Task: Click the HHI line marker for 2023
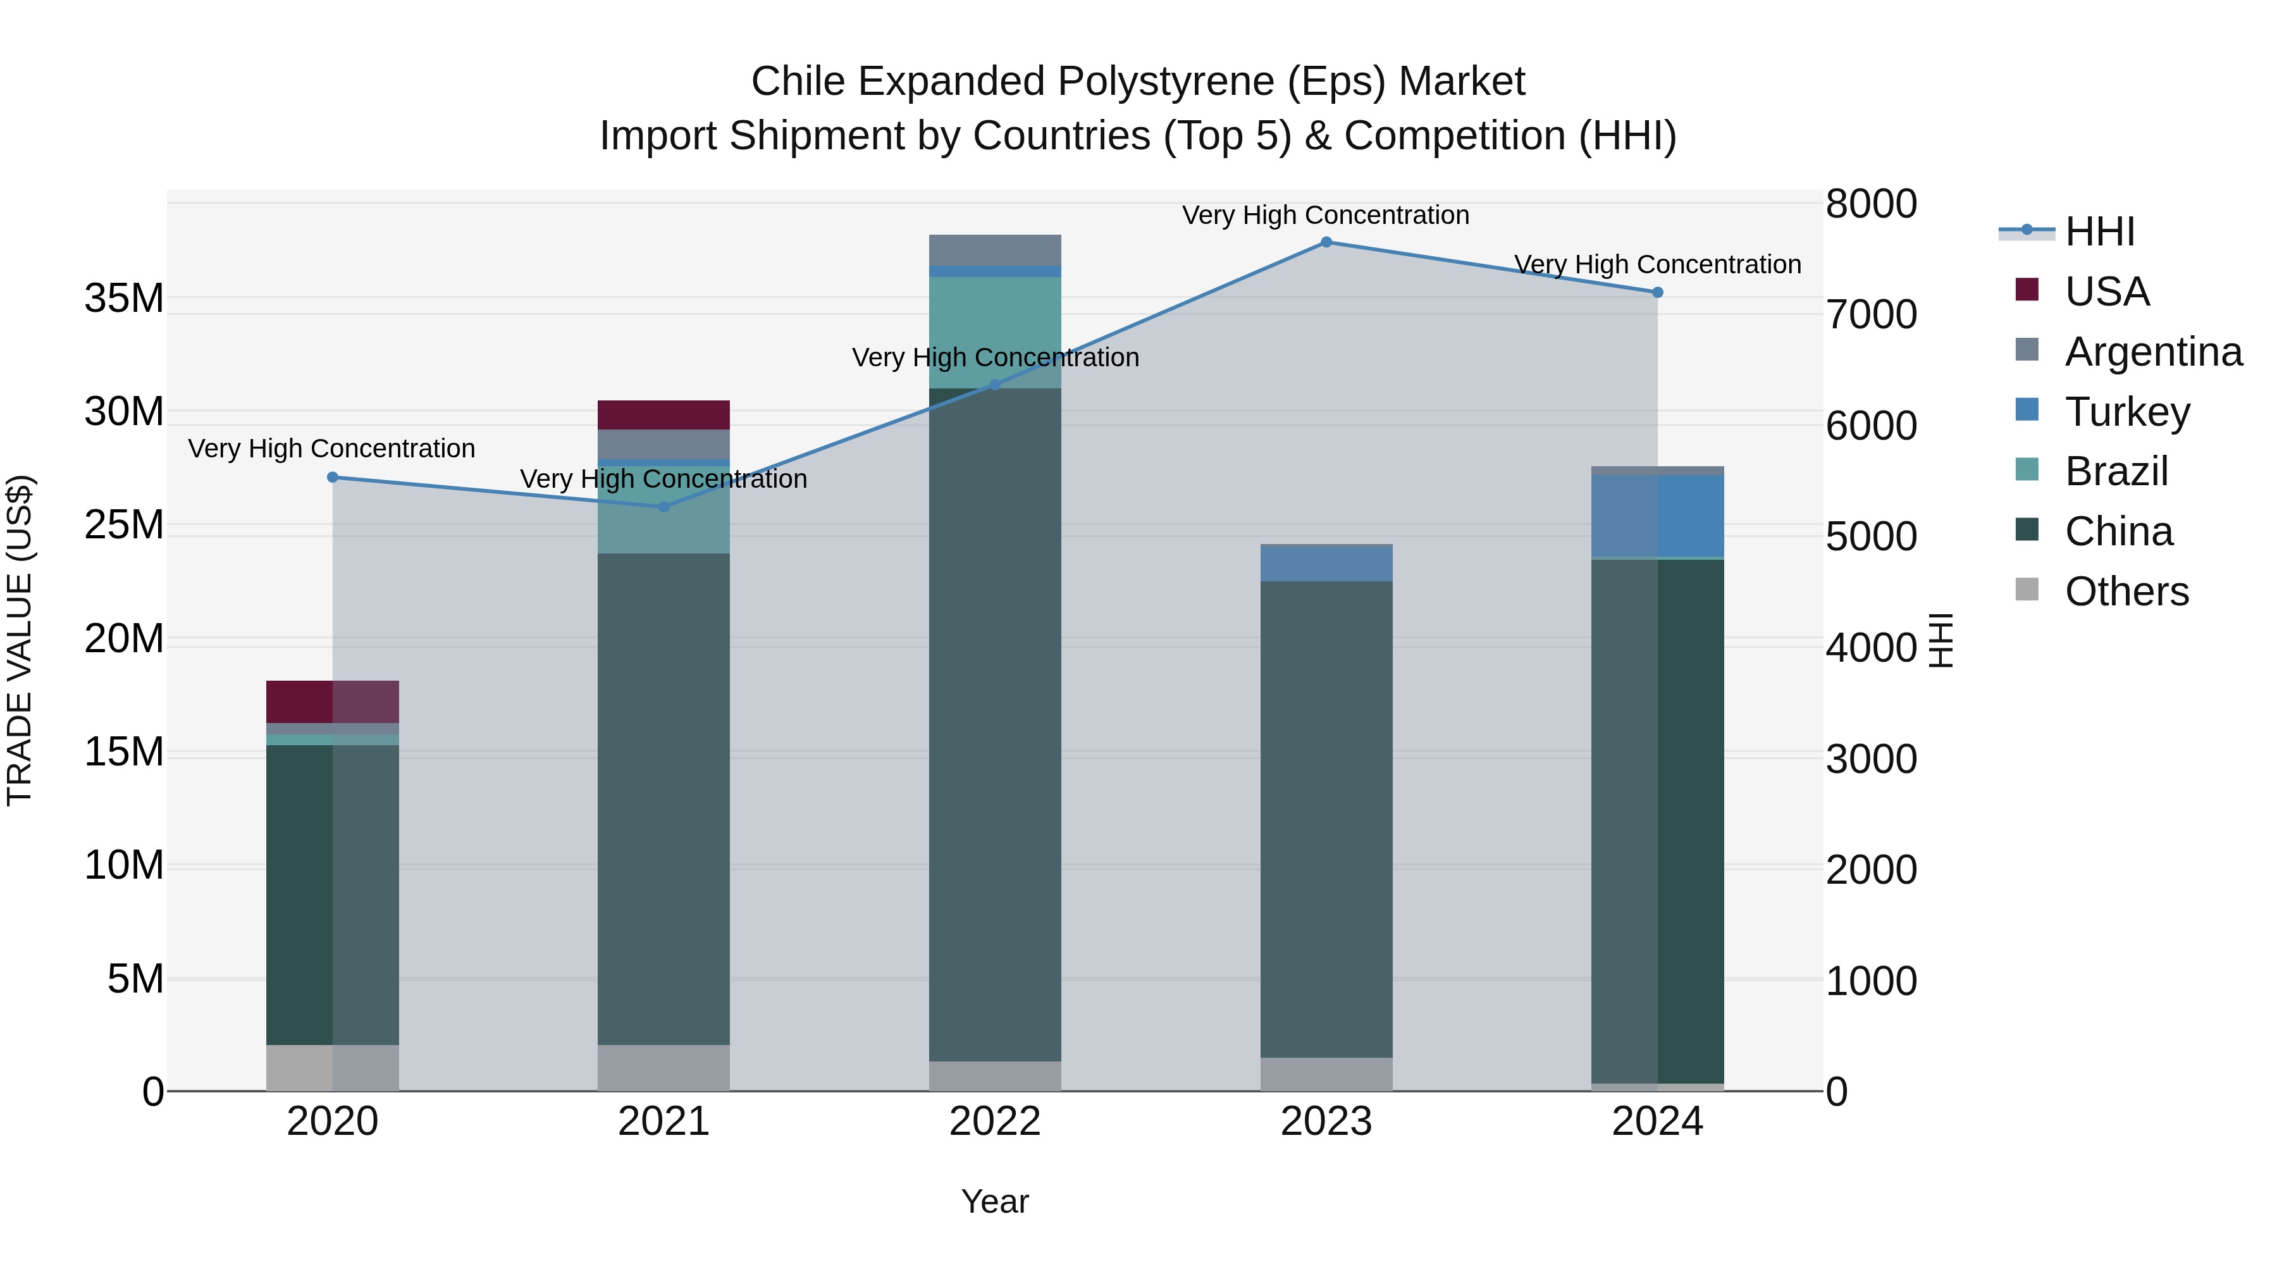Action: coord(1326,242)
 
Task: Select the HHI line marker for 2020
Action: coord(332,478)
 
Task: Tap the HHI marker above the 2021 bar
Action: coord(664,507)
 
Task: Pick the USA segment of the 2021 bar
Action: coord(664,414)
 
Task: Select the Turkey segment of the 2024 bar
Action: coord(1657,516)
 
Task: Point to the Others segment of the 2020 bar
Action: coord(332,1068)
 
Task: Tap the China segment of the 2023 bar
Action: coord(1326,818)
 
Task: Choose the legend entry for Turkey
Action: coord(2126,412)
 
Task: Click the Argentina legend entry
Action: coord(2153,352)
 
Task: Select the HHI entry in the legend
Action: coord(2099,232)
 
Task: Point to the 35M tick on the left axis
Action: coord(124,299)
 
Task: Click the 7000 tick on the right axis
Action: coord(1870,315)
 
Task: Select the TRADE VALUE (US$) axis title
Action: coord(20,640)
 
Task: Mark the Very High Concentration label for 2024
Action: coord(1657,264)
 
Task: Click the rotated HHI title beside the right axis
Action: coord(1941,640)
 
